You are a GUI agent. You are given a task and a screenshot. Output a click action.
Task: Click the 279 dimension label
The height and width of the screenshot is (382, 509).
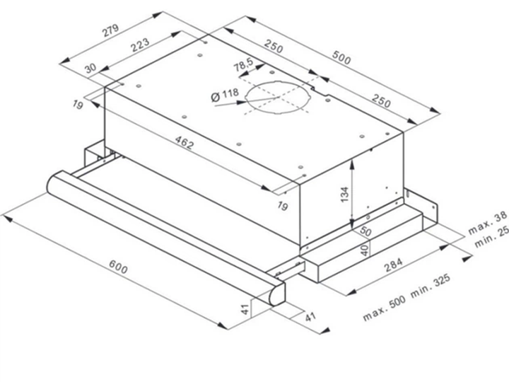pos(111,30)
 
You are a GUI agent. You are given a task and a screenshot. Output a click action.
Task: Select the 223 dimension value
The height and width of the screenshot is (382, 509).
pos(140,45)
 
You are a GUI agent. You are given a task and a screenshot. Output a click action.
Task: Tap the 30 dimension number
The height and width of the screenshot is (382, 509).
pos(90,68)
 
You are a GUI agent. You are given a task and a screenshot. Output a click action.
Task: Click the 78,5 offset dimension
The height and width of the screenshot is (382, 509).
pos(243,65)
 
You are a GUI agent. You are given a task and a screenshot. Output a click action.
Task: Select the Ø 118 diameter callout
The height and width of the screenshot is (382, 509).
pos(225,95)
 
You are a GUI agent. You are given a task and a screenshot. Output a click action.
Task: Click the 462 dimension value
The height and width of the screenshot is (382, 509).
pos(184,143)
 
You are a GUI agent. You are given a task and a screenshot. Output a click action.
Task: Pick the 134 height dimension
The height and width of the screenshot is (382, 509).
pos(345,195)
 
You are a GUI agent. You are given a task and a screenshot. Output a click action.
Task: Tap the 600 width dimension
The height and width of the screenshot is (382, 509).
pos(118,267)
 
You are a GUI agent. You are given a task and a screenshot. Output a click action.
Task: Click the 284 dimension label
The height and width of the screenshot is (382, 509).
pos(393,265)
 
